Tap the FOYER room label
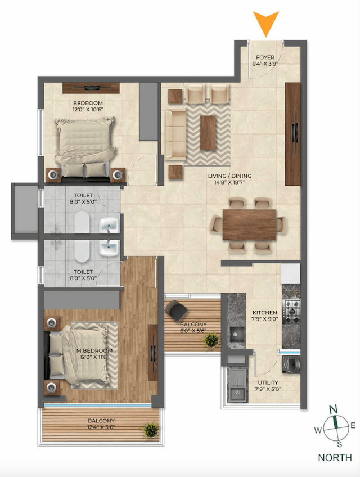tap(265, 57)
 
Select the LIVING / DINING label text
tap(229, 176)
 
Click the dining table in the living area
tap(249, 224)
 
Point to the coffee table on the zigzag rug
tap(208, 132)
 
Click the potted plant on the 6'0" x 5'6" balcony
tap(211, 339)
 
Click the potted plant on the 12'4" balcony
tap(151, 431)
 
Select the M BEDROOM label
tap(94, 351)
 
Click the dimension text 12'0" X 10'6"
tap(87, 110)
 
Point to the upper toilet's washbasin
tap(109, 226)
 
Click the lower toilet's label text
tap(82, 270)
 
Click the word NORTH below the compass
tap(335, 458)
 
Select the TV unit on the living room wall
tap(292, 134)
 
